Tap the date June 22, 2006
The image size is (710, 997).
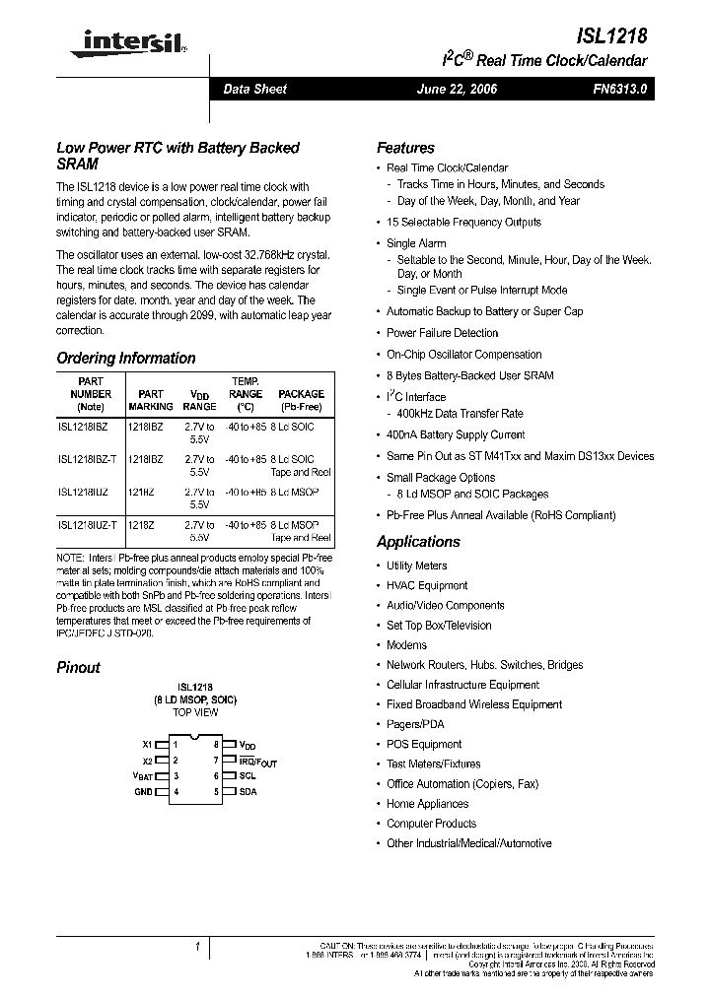(457, 89)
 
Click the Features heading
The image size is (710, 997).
(405, 148)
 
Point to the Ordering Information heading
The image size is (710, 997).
(125, 359)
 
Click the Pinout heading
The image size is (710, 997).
(78, 668)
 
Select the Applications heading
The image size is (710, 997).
(418, 542)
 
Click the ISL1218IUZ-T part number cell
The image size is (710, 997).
(88, 526)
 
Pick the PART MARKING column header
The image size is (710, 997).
(151, 399)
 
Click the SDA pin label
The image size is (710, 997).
(247, 792)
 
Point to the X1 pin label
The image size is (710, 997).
(148, 745)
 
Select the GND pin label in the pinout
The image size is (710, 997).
(144, 792)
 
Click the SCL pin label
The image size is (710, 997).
(247, 776)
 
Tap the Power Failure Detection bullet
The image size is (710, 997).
(442, 333)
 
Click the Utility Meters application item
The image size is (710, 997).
(416, 565)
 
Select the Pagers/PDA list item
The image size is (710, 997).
(415, 724)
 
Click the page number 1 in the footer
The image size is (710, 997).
(197, 947)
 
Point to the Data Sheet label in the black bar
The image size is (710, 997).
(254, 89)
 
